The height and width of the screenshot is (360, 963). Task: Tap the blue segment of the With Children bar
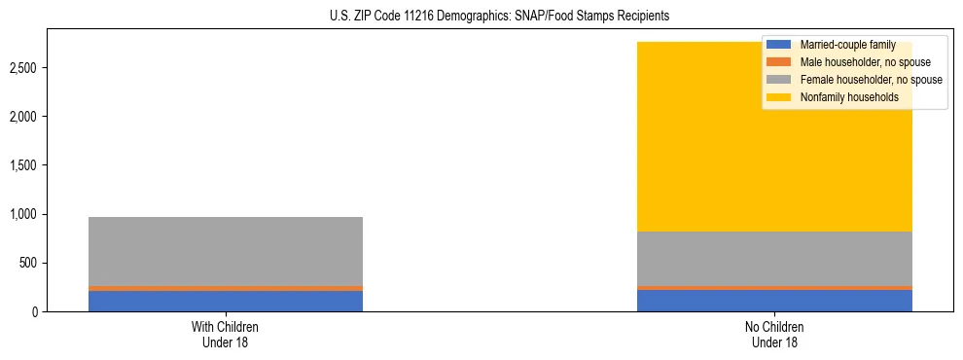(x=226, y=301)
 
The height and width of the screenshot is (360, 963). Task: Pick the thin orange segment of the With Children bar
(x=226, y=288)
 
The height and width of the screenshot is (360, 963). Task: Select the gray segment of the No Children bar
(x=774, y=259)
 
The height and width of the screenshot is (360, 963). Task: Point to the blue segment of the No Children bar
(x=774, y=301)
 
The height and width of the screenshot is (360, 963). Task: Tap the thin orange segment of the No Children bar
(x=774, y=288)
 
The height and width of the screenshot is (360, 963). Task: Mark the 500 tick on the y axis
(x=29, y=263)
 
